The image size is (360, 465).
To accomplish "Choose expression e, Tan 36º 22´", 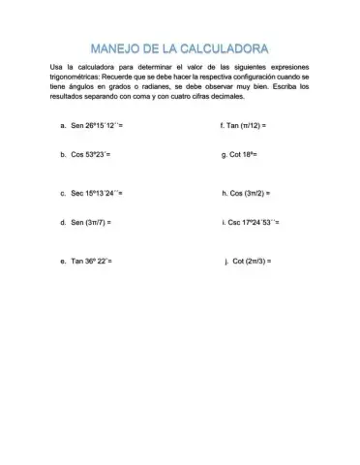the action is point(93,262).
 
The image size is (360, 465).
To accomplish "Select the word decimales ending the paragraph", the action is point(214,96).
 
